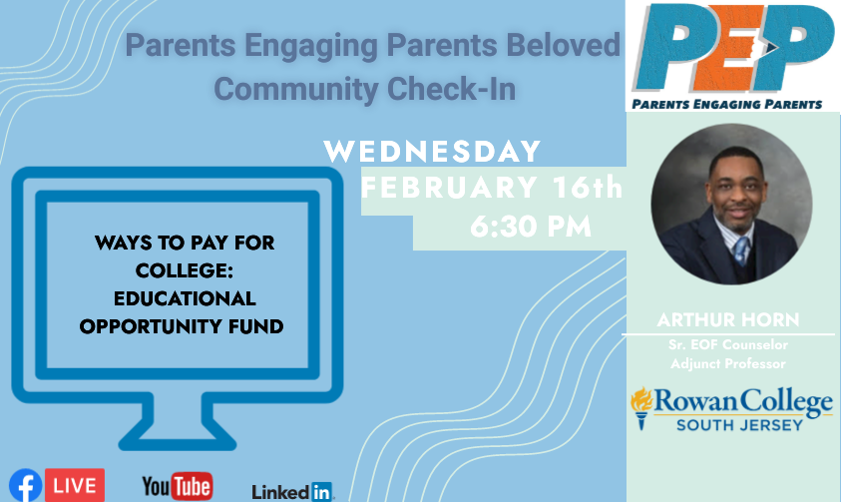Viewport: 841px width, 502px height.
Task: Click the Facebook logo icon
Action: point(25,486)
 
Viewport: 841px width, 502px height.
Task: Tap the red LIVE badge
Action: point(75,485)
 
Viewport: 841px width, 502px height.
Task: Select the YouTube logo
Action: point(178,486)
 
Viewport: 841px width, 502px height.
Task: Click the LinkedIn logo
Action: point(293,491)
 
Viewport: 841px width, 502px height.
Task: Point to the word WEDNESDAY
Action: point(432,152)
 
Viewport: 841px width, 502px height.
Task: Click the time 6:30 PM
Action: point(531,227)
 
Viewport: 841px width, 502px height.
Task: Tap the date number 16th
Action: point(588,188)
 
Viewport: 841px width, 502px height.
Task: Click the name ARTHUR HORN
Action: point(728,319)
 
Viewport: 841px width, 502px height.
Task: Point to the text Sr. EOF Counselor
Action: point(728,345)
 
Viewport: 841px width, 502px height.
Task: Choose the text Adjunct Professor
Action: point(728,363)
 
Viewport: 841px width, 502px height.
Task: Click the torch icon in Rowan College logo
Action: point(641,408)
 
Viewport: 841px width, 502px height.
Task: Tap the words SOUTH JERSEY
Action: point(739,425)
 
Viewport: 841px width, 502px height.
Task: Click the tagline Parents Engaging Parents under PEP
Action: point(726,104)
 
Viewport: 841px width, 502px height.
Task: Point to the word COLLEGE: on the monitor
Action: point(184,270)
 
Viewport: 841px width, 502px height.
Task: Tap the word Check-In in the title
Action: point(451,89)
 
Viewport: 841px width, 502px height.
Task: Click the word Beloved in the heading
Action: point(564,45)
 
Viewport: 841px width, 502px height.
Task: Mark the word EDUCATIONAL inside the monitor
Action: point(185,298)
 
